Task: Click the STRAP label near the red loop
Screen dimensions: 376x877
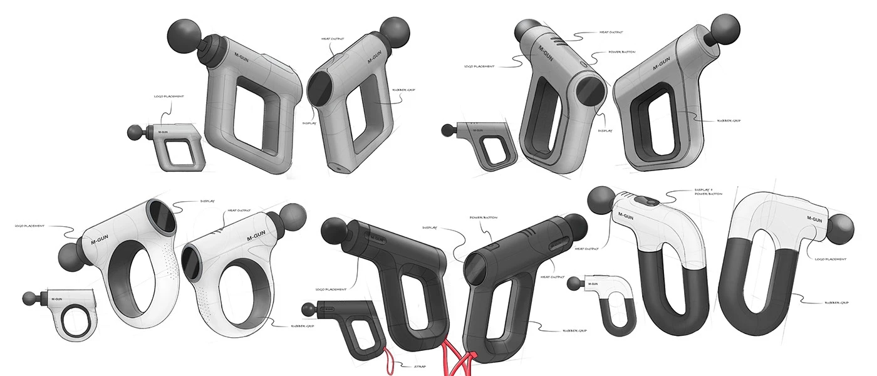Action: (420, 366)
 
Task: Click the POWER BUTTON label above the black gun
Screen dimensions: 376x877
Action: (483, 217)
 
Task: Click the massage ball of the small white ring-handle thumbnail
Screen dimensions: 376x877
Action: (29, 299)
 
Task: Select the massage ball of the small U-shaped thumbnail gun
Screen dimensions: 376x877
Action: (574, 284)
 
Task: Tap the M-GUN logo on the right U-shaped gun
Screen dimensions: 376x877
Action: (814, 219)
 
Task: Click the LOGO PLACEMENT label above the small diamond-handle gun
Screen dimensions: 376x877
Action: (169, 97)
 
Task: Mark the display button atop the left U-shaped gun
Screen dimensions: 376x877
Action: (647, 202)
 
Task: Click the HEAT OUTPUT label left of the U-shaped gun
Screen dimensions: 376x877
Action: (587, 248)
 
